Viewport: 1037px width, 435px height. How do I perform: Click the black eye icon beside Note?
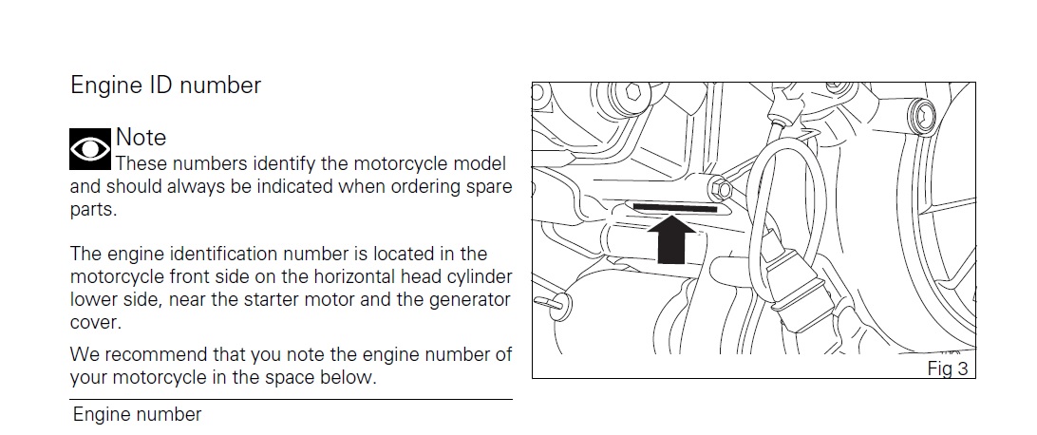pos(90,149)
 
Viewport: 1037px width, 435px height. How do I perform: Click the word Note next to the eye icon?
pos(141,138)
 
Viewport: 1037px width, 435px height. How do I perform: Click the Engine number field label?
pos(137,414)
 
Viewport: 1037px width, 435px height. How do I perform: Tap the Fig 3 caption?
pos(948,369)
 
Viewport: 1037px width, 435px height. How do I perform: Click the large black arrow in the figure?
pos(672,240)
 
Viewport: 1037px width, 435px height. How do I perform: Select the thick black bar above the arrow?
pos(675,208)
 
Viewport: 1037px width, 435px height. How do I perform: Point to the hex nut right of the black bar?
pos(722,190)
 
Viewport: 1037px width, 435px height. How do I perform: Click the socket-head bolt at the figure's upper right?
pos(922,118)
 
